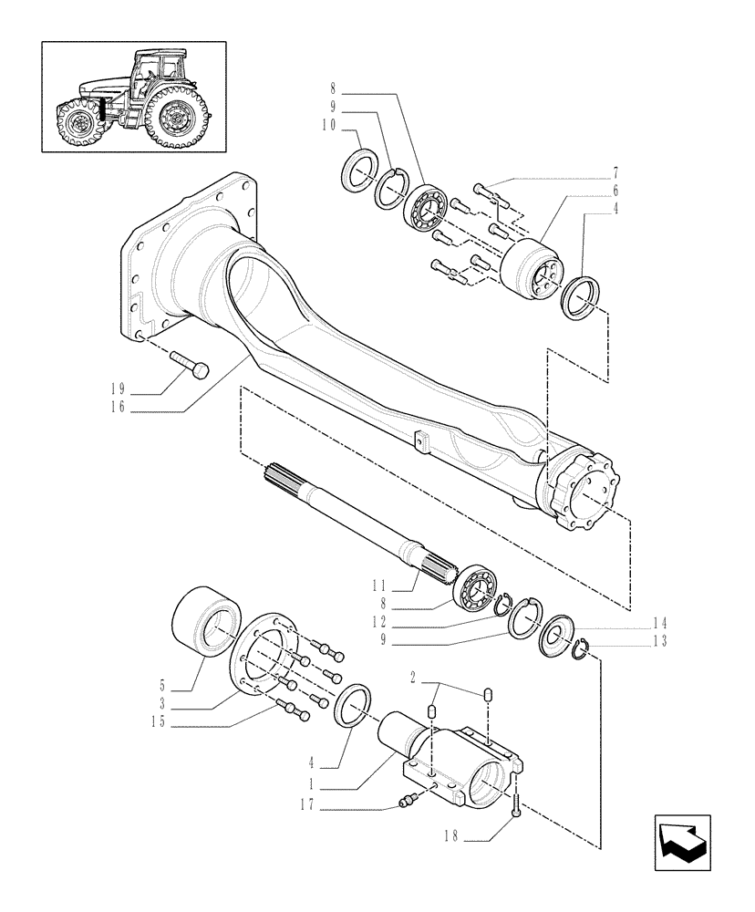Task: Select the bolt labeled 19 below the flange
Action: point(191,366)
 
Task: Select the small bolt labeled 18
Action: point(517,803)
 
